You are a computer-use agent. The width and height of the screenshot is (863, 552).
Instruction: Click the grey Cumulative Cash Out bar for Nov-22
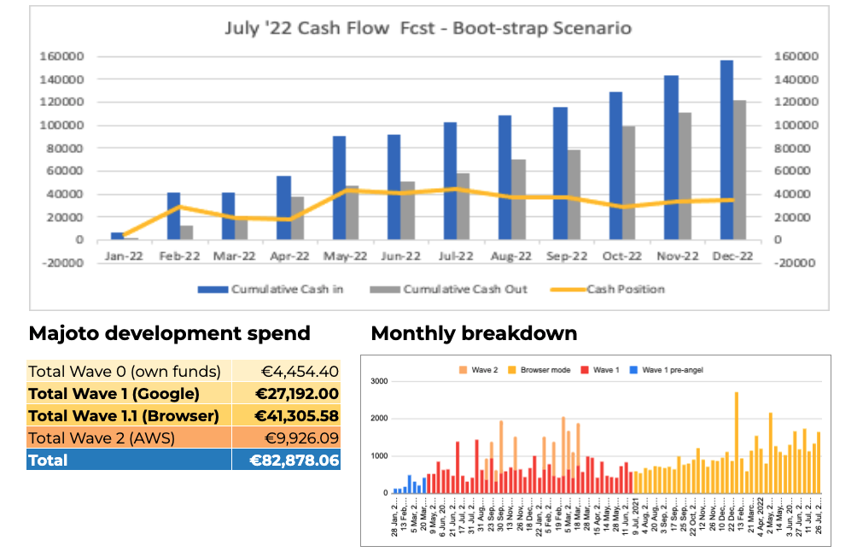click(x=685, y=175)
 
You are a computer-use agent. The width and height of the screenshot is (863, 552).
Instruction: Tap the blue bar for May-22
click(x=339, y=187)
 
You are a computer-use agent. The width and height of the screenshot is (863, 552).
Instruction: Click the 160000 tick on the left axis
click(x=61, y=56)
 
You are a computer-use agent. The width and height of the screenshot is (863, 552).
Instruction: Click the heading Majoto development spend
click(x=170, y=333)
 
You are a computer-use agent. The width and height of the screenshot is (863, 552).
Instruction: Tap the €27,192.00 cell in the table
click(x=298, y=393)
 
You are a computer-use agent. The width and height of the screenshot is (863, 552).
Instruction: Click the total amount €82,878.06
click(x=294, y=460)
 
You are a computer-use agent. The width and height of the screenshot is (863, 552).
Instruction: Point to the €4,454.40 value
click(x=300, y=371)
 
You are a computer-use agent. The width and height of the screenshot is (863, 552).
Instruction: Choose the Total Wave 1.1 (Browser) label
click(x=123, y=415)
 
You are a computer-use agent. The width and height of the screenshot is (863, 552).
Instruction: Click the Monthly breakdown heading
click(x=474, y=333)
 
